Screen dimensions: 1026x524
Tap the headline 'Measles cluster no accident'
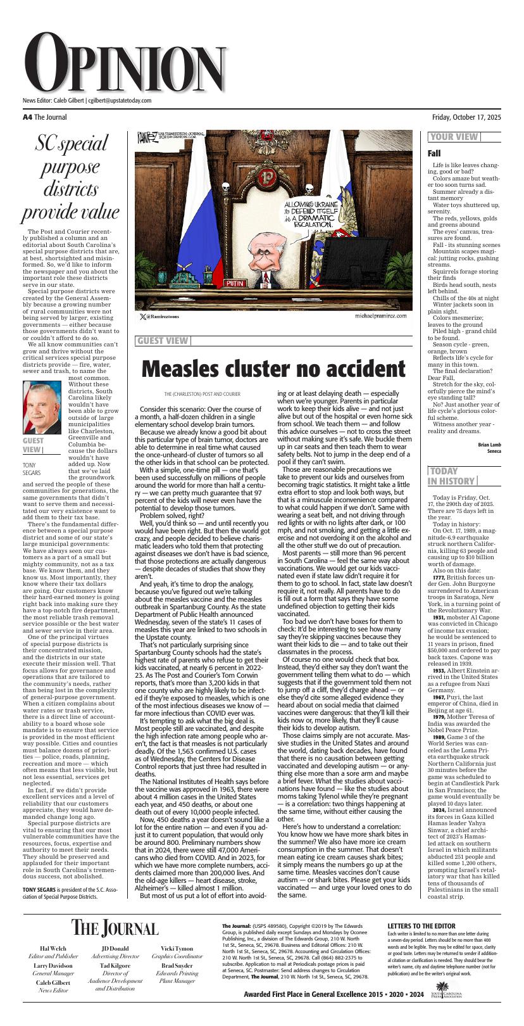coord(272,368)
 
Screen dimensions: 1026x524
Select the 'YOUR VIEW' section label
coord(454,137)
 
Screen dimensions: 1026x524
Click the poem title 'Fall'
coord(434,153)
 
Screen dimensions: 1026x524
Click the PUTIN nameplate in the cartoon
coord(237,284)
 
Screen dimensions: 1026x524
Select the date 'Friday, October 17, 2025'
coord(466,117)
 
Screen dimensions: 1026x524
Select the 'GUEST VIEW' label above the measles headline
coord(162,341)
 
